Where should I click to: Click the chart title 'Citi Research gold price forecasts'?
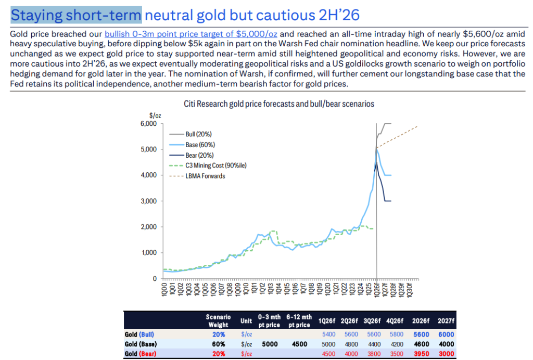pos(278,104)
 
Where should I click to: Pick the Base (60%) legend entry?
pos(200,145)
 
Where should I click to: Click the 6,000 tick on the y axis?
pos(148,124)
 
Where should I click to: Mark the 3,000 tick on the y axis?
pos(148,201)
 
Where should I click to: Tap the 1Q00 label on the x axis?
pos(165,290)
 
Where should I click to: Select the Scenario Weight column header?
pos(218,321)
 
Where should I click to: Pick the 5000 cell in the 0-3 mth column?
pos(269,344)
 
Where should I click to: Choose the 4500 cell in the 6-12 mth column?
pos(299,344)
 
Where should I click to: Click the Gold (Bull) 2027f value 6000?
pos(446,335)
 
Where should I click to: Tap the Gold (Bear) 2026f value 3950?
pos(423,354)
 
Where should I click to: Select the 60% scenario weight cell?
pos(218,344)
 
